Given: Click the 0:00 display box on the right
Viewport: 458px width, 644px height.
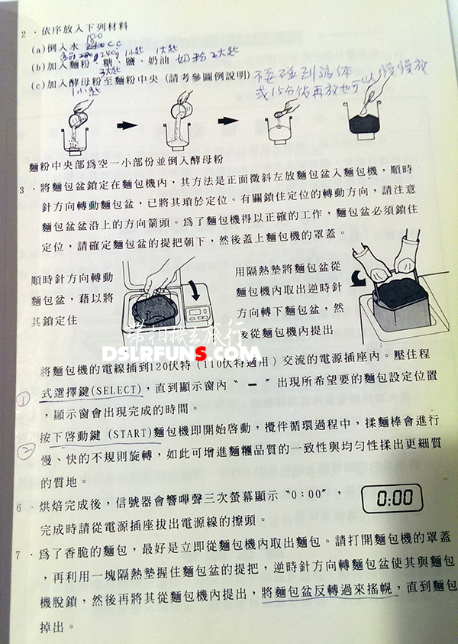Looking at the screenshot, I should (x=395, y=500).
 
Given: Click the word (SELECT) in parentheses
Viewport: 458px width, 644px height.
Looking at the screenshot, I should (x=114, y=389).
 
